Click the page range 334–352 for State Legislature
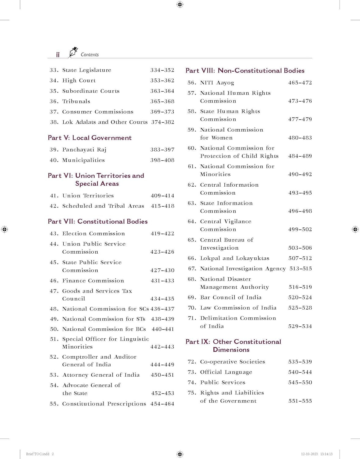coord(162,70)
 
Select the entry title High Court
coord(79,80)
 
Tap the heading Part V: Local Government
coord(90,138)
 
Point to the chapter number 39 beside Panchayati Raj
coord(54,150)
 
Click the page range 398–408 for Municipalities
coord(162,160)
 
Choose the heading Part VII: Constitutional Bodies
coord(98,221)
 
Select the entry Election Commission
coord(93,233)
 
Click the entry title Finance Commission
coord(93,281)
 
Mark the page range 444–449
coord(162,364)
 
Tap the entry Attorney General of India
coord(101,375)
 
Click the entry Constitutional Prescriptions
coord(104,404)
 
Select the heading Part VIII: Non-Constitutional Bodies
coord(245,71)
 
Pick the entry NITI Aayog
coord(217,83)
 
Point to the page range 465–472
coord(300,83)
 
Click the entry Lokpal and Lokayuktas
coord(234,258)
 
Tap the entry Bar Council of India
coord(231,297)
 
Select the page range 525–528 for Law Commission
coord(300,308)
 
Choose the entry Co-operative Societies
coord(233,362)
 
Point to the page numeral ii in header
coord(58,55)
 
